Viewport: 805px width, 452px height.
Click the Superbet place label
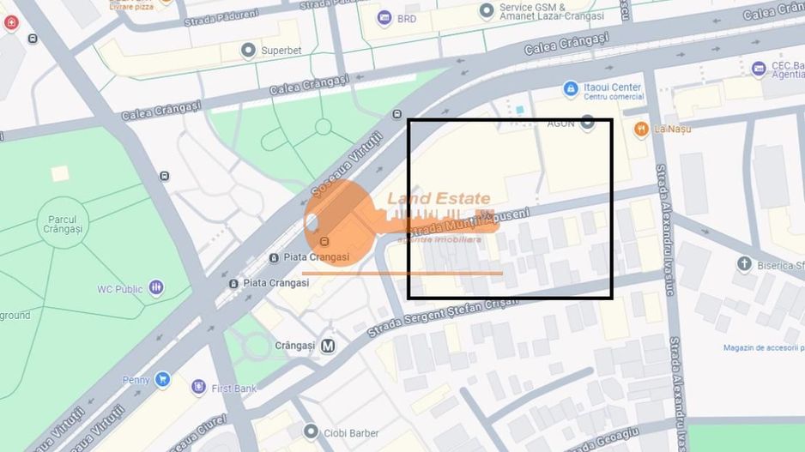tap(281, 51)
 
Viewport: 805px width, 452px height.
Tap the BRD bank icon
tap(384, 18)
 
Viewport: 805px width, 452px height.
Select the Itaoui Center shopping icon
tap(570, 88)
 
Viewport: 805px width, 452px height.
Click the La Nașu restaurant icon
tap(640, 129)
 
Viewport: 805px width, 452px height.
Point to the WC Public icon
tap(155, 288)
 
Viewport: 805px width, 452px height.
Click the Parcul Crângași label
tap(64, 225)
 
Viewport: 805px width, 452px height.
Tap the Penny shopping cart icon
tap(161, 379)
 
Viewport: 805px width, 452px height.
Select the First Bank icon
tap(199, 388)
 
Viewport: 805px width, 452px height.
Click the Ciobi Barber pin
tap(311, 432)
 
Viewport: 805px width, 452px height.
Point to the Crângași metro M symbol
tap(327, 346)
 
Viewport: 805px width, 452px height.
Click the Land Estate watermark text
tap(439, 199)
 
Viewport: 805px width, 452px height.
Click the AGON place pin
tap(587, 123)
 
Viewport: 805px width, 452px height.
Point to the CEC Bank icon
tap(759, 69)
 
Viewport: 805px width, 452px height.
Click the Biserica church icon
tap(744, 264)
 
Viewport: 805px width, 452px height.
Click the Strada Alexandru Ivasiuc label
tap(665, 230)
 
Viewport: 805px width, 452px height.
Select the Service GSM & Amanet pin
tap(487, 10)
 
